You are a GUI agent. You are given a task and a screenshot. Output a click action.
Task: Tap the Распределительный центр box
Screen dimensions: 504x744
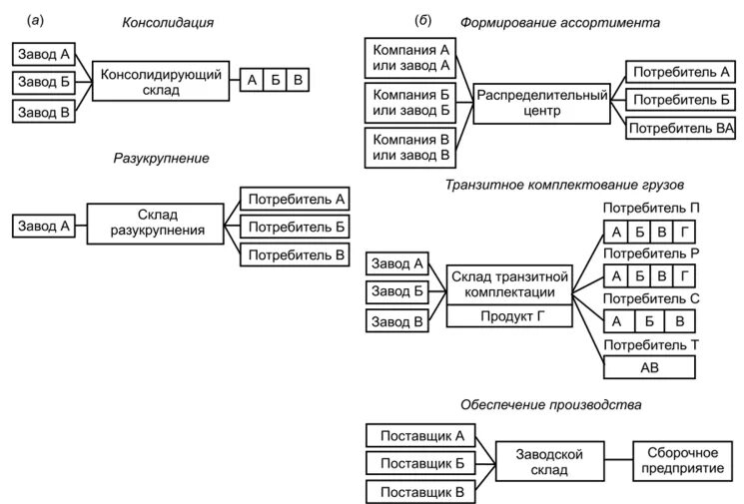click(541, 102)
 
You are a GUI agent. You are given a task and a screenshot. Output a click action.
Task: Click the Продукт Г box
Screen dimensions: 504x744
click(509, 316)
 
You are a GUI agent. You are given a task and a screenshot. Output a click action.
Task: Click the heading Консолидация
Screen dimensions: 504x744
click(168, 21)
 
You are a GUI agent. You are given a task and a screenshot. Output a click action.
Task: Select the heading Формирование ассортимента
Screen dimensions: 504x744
click(559, 21)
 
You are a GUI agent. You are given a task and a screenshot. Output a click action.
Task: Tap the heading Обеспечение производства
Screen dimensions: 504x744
click(550, 405)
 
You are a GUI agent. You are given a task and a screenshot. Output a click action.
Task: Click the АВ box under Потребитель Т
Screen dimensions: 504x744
click(648, 367)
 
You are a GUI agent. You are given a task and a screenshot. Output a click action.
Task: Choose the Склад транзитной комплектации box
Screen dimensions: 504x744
click(509, 282)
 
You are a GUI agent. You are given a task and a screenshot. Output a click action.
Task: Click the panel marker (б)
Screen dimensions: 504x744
click(422, 20)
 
